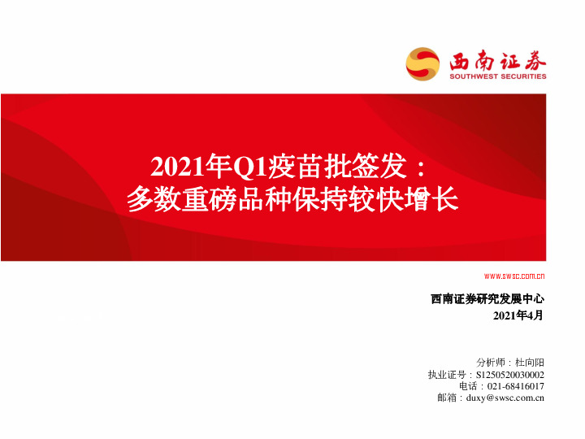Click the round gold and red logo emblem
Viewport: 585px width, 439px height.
click(422, 63)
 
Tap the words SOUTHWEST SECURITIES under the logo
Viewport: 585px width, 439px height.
click(498, 77)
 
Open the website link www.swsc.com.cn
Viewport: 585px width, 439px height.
click(514, 276)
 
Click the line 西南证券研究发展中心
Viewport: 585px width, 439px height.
click(487, 299)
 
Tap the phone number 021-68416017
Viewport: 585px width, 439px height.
click(516, 385)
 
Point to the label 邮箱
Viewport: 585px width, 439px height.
click(448, 398)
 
